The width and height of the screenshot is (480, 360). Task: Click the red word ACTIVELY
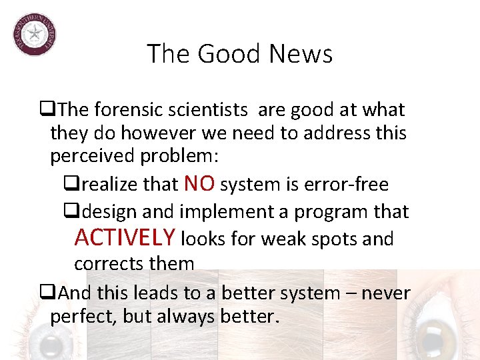coord(125,237)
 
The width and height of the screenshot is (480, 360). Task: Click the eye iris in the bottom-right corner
coord(447,337)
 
